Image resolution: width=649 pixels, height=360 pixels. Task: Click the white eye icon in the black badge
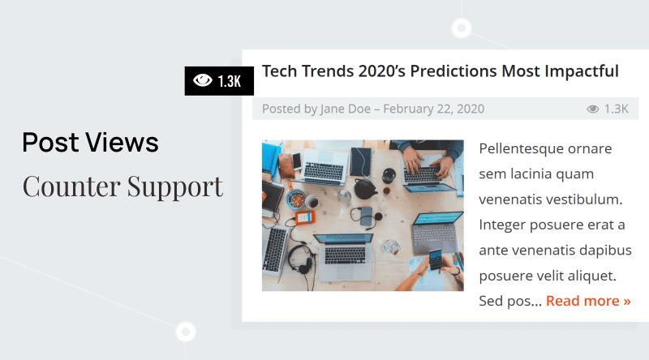tap(202, 80)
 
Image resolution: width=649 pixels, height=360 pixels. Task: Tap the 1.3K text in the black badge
tap(230, 81)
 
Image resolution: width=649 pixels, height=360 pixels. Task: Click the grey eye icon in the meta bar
tap(593, 109)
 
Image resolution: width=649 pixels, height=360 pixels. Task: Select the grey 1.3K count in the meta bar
tap(617, 109)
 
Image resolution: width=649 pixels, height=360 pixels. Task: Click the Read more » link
tap(588, 301)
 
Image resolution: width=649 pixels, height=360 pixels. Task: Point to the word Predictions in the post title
tap(453, 71)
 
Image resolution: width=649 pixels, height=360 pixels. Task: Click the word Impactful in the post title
tap(582, 71)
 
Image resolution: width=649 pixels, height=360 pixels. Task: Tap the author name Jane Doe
tap(346, 109)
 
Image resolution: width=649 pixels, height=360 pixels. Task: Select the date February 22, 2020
tap(434, 109)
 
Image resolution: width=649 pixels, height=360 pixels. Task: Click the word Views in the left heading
tap(122, 143)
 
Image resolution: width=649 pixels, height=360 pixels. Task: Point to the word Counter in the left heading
tap(71, 186)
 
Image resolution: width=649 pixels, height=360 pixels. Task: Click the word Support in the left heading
tap(175, 187)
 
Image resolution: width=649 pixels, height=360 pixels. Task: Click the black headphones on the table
tap(301, 259)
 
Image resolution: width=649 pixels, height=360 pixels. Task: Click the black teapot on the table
tap(364, 189)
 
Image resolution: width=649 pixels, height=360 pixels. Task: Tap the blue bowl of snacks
tap(296, 199)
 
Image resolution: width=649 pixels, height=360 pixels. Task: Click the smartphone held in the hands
tap(435, 259)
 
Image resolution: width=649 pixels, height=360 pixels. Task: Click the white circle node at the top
tap(462, 28)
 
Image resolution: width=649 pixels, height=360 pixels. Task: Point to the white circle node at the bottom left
tap(186, 332)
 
